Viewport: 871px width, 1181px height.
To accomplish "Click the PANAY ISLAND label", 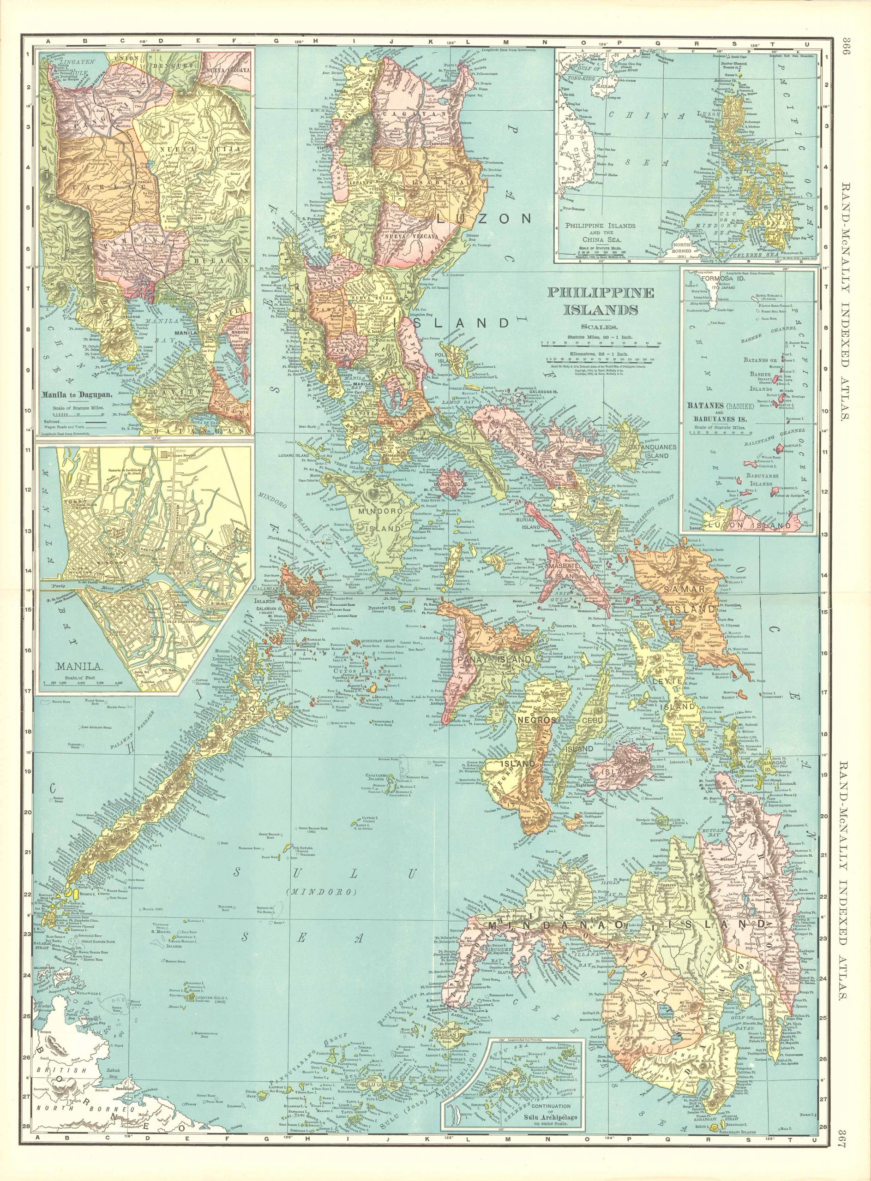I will [x=486, y=659].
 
